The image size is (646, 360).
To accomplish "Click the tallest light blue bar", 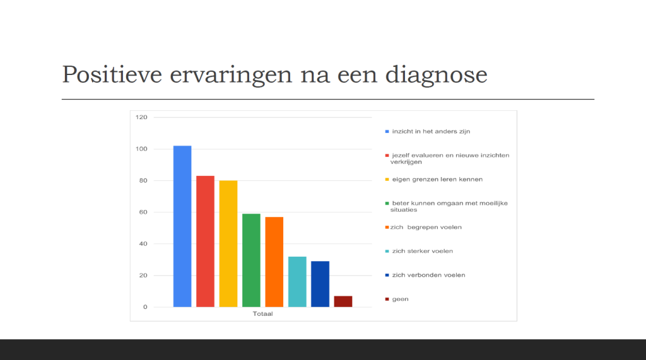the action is click(x=182, y=226).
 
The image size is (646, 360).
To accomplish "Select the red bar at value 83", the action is click(x=205, y=241).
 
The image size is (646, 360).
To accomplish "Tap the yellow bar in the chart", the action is click(x=228, y=244).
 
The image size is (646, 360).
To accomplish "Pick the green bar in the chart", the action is click(x=251, y=260).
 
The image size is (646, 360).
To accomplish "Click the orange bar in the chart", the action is click(x=274, y=262).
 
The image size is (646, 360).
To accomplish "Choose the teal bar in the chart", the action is click(x=297, y=282).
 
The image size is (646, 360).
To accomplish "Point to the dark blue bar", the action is click(x=320, y=284).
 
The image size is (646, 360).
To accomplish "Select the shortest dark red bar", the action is click(x=343, y=301).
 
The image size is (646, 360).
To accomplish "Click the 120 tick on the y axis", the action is click(x=141, y=117).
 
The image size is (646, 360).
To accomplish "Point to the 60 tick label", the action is click(x=143, y=212).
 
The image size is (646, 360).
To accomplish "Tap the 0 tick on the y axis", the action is click(x=145, y=307).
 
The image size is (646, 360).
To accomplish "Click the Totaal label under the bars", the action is click(x=263, y=314).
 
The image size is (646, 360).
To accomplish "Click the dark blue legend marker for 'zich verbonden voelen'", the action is click(x=387, y=275).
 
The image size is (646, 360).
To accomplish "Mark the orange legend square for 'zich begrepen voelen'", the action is click(x=387, y=228).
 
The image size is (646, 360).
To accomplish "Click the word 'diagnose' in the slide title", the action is click(x=437, y=75).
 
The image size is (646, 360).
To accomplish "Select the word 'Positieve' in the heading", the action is click(x=112, y=74).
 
